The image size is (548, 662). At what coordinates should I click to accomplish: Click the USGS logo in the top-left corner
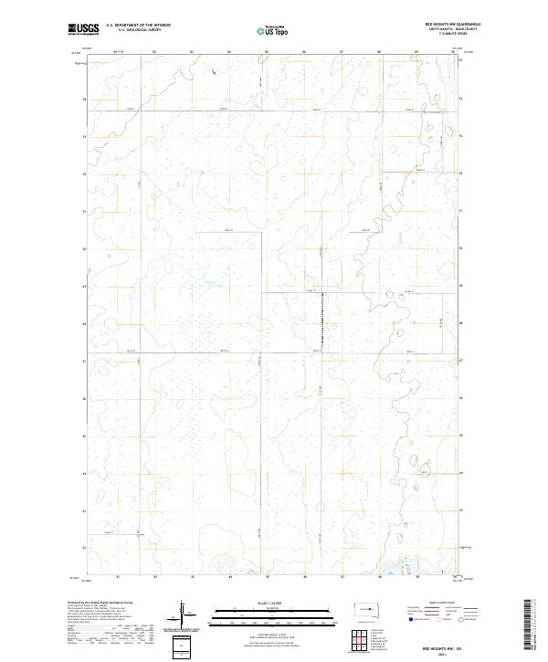[x=84, y=29]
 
